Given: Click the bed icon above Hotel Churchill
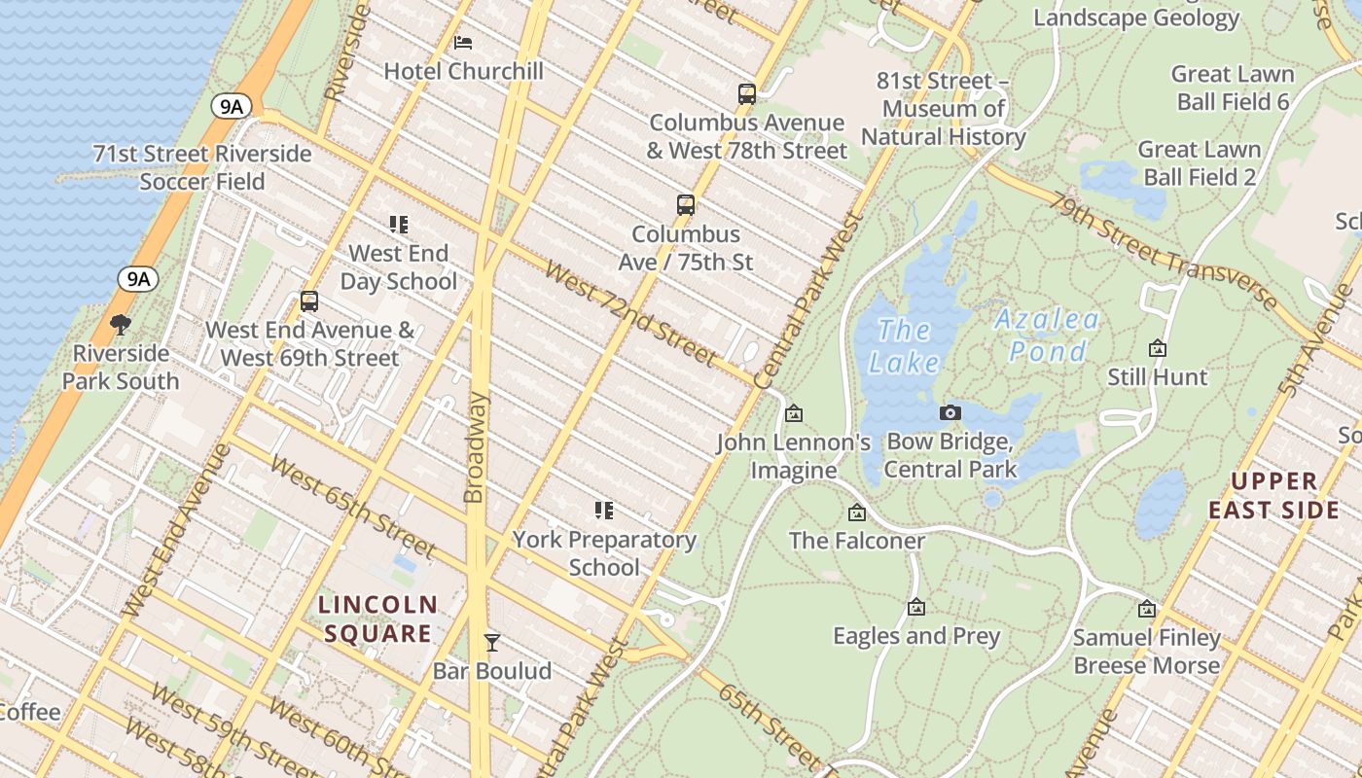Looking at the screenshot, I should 463,42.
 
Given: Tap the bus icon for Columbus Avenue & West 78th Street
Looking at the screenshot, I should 746,94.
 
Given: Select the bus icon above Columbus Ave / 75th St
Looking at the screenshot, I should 686,205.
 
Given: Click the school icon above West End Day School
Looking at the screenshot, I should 398,225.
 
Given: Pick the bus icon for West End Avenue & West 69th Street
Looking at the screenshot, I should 309,301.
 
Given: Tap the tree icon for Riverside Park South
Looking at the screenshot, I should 121,324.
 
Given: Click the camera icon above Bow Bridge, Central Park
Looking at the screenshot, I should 950,413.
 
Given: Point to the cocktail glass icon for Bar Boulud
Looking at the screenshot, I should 492,642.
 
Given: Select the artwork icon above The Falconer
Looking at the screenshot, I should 857,513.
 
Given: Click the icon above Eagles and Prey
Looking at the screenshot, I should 915,608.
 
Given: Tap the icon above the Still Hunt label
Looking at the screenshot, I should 1158,348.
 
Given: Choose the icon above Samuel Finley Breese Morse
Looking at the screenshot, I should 1147,610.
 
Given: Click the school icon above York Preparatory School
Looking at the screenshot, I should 604,511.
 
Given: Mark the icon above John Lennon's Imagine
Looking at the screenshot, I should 794,414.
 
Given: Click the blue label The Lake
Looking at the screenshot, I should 904,346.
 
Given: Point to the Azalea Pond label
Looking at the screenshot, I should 1047,335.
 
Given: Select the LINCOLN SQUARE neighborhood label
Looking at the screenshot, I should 378,619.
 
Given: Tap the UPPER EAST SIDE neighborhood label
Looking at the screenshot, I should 1274,496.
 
